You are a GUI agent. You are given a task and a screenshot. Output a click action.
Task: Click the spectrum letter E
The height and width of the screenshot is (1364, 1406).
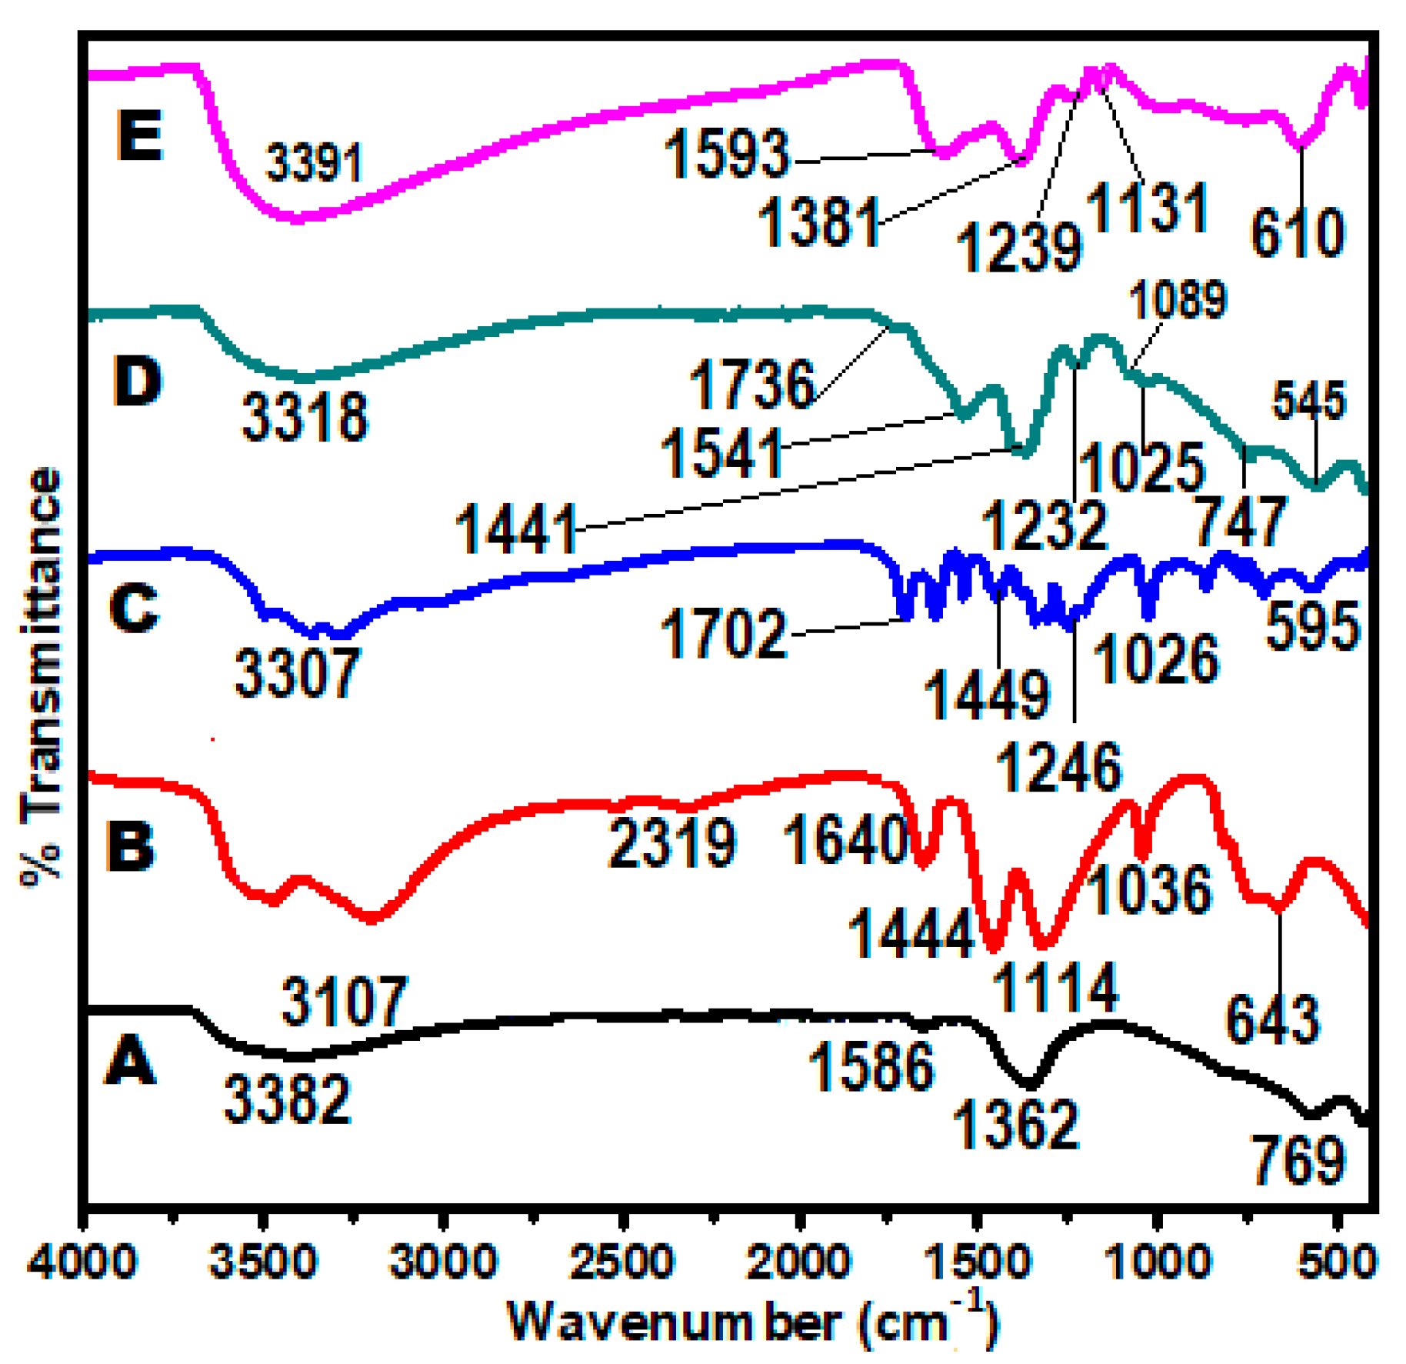[x=139, y=135]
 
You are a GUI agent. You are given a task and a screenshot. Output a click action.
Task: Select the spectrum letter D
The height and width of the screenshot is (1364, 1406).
[x=137, y=381]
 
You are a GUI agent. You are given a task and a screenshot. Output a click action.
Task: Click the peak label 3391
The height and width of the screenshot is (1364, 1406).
[x=313, y=163]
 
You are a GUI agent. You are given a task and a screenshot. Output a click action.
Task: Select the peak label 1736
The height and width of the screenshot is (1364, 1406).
[x=751, y=384]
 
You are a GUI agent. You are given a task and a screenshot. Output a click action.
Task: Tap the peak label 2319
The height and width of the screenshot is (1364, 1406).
[x=672, y=843]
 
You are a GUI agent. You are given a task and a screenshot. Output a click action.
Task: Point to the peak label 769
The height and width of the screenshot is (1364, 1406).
[x=1298, y=1160]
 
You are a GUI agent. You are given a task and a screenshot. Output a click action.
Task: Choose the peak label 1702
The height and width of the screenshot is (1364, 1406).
[x=724, y=634]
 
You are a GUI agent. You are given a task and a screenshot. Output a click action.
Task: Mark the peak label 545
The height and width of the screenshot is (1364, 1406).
[x=1309, y=401]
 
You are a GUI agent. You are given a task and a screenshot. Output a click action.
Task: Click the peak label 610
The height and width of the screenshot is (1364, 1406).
[x=1298, y=233]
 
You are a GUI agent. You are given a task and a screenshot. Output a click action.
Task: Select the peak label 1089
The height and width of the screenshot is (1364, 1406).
[x=1178, y=300]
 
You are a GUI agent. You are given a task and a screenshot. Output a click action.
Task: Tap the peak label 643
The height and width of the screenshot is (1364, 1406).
[x=1272, y=1020]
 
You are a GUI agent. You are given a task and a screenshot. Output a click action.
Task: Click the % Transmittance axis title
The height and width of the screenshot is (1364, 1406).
[x=42, y=677]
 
